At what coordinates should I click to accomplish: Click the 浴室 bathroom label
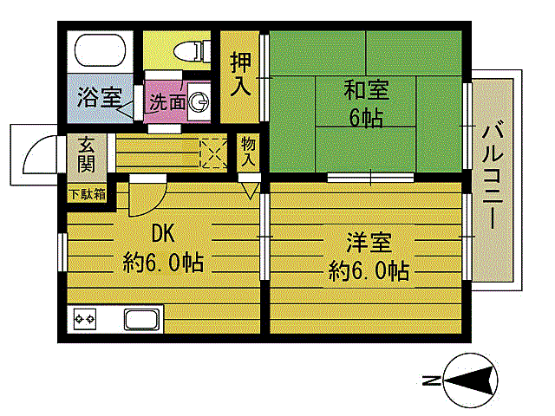[x=98, y=97]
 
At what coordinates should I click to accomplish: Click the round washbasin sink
[x=199, y=101]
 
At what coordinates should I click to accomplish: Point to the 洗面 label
[x=167, y=101]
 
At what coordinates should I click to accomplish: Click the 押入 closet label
[x=240, y=75]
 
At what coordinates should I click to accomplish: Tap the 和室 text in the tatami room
[x=366, y=90]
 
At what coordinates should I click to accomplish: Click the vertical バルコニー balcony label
[x=492, y=178]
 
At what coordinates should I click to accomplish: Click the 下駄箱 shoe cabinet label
[x=87, y=193]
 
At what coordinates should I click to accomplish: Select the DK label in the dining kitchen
[x=163, y=234]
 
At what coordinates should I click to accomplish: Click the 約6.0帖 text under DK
[x=163, y=262]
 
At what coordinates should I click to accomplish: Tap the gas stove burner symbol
[x=86, y=319]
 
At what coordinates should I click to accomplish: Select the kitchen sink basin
[x=143, y=319]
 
